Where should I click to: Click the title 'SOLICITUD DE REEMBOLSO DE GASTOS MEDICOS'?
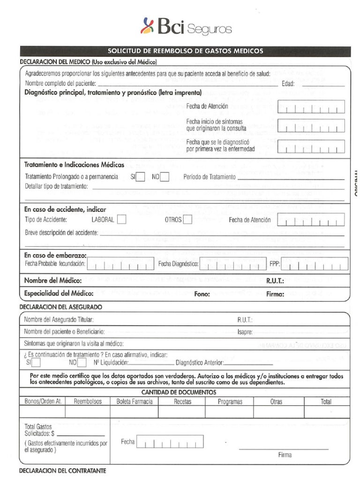coord(185,51)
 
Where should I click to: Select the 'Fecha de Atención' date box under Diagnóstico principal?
coord(311,107)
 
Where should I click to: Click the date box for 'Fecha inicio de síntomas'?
coord(311,126)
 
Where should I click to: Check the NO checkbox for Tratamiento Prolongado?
coord(165,177)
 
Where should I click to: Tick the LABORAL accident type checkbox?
coord(121,219)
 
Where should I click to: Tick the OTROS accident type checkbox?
coord(187,219)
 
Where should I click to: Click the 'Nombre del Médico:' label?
coord(53,281)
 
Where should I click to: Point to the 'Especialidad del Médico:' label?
coord(59,294)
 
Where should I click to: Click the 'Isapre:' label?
coord(245,332)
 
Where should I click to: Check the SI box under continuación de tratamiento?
coord(36,362)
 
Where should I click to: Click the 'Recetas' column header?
coord(182,401)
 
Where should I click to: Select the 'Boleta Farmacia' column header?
coord(134,401)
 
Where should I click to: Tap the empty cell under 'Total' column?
coord(326,412)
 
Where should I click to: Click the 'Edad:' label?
coord(288,84)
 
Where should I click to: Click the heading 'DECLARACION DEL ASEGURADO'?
coord(61,307)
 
